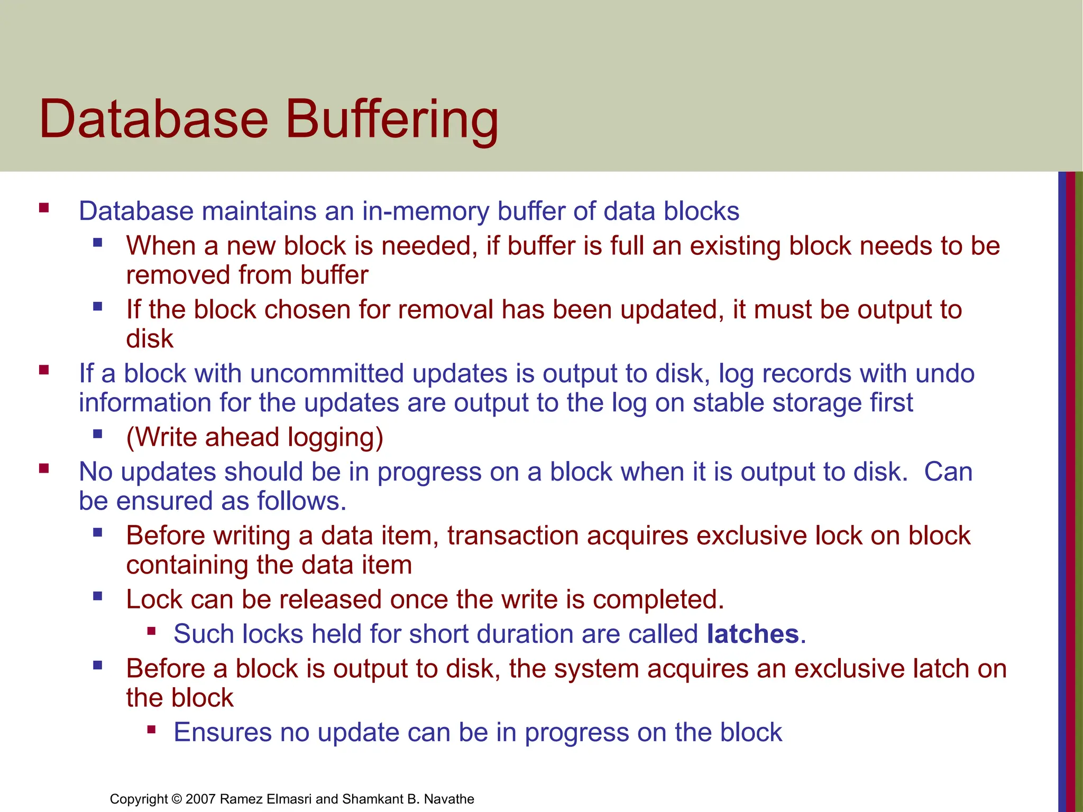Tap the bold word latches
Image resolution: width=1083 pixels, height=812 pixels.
tap(752, 634)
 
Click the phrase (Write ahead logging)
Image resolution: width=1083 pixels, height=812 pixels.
tap(254, 438)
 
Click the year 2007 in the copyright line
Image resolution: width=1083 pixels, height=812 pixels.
tap(200, 799)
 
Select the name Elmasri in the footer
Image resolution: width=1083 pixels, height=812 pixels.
tap(288, 799)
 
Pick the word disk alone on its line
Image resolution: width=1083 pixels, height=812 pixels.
tap(150, 339)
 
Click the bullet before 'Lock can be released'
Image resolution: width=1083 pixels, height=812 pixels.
tap(97, 596)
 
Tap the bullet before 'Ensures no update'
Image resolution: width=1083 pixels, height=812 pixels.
tap(152, 730)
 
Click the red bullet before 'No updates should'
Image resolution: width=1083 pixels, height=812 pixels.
tap(44, 468)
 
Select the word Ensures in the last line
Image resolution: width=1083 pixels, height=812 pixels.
tap(223, 733)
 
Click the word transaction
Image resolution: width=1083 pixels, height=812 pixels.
tap(512, 536)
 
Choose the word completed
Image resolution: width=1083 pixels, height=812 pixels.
tap(658, 599)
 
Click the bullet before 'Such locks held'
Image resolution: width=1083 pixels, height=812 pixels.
tap(152, 631)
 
